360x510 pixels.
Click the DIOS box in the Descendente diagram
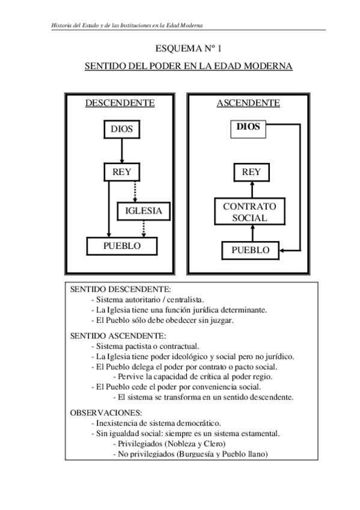(x=121, y=129)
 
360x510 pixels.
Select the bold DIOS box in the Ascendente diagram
(x=248, y=127)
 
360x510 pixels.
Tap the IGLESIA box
(x=144, y=211)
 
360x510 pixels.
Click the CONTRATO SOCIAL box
(x=249, y=212)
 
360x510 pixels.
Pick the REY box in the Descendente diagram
(x=121, y=172)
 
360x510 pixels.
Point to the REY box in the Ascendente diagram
(x=251, y=172)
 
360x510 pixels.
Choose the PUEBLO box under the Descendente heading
(x=122, y=246)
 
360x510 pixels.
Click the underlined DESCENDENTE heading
(x=120, y=103)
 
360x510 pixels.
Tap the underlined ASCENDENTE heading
(x=248, y=103)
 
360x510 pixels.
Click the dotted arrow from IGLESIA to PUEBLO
(x=143, y=229)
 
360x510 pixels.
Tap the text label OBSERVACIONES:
(x=106, y=413)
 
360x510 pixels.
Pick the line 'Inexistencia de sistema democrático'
(x=156, y=423)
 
